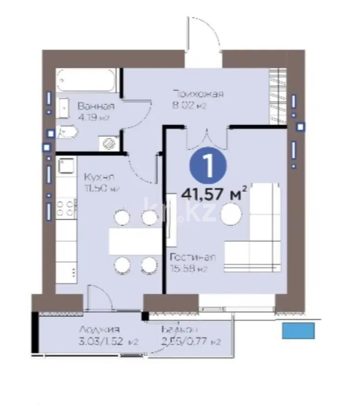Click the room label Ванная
96,106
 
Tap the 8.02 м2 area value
189,106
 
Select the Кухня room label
99,177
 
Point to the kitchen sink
65,167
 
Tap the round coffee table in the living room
231,215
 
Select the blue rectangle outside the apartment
299,331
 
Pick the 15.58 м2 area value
188,269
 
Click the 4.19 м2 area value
93,117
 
